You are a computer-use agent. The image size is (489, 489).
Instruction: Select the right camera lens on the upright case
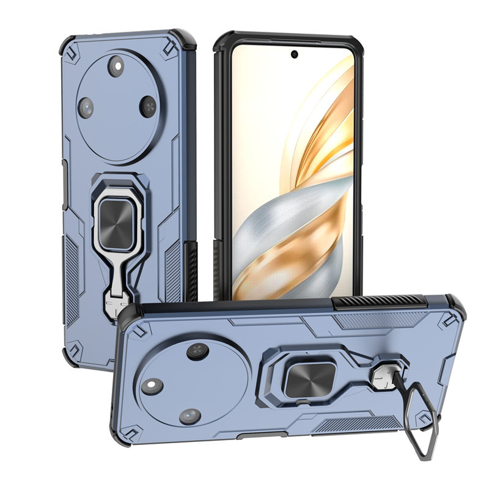[147, 106]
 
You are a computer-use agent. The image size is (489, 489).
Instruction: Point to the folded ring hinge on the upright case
[116, 300]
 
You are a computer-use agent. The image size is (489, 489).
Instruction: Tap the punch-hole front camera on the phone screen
[295, 54]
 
